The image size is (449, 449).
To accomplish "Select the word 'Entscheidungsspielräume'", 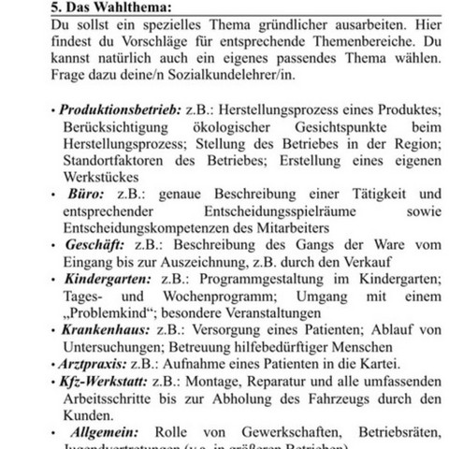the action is point(253,214).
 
